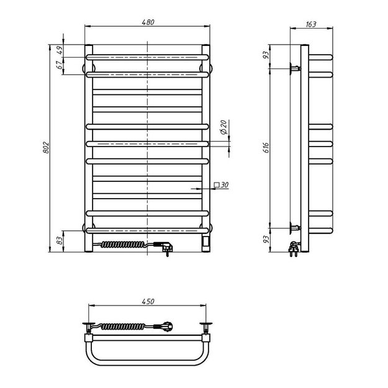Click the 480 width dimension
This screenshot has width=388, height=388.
pyautogui.click(x=148, y=22)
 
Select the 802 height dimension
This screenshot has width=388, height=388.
pyautogui.click(x=47, y=148)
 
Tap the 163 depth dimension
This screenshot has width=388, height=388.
pyautogui.click(x=311, y=24)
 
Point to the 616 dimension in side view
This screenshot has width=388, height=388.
pyautogui.click(x=266, y=148)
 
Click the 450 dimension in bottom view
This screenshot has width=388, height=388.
pyautogui.click(x=148, y=301)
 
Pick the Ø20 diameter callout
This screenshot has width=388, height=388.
pyautogui.click(x=223, y=127)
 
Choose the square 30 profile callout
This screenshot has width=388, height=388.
pyautogui.click(x=221, y=184)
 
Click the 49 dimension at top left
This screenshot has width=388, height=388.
pyautogui.click(x=60, y=50)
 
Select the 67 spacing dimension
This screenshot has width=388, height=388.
pyautogui.click(x=60, y=65)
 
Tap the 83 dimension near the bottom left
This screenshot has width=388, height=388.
pyautogui.click(x=60, y=241)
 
